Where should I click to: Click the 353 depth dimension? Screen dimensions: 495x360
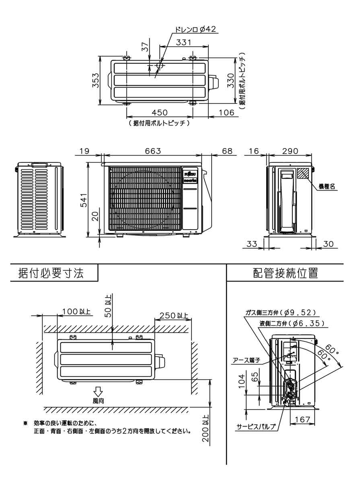(94, 81)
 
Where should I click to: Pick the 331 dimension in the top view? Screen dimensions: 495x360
(184, 42)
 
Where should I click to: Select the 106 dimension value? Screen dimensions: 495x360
(226, 113)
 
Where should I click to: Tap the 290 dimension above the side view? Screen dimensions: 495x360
(290, 151)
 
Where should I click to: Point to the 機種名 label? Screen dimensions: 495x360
(327, 187)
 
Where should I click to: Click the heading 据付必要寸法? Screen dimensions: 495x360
(51, 273)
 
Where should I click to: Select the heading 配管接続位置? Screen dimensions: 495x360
(286, 273)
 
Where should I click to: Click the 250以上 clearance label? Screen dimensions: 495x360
(173, 316)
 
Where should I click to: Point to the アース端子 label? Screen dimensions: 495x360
(247, 361)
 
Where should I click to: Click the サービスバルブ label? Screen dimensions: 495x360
(256, 427)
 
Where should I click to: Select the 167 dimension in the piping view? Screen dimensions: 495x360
(302, 419)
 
